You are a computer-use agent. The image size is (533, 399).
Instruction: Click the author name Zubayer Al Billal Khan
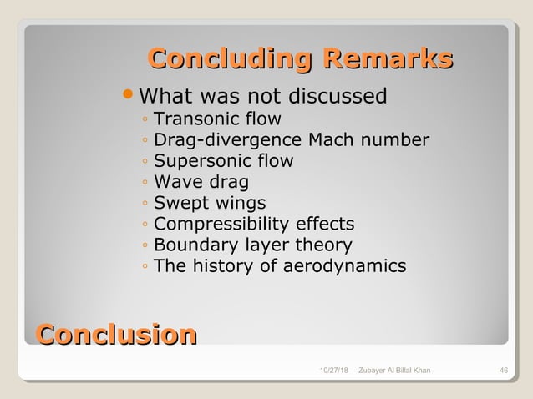(394, 370)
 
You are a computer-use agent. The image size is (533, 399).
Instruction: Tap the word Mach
(332, 139)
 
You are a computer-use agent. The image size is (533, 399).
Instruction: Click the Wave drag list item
(201, 181)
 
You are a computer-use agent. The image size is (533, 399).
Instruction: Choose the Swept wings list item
(210, 203)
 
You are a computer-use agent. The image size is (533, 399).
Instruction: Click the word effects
(323, 224)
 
